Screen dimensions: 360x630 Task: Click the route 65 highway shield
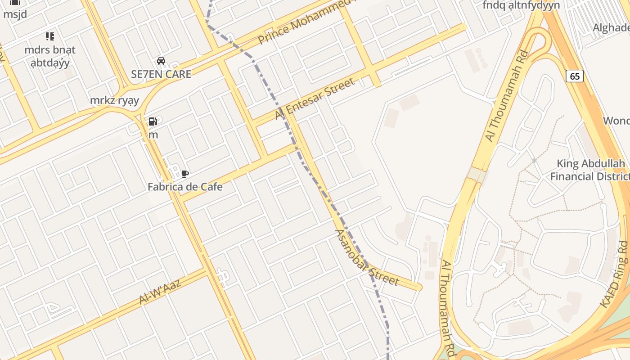[575, 76]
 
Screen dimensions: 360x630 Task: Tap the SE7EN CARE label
[161, 74]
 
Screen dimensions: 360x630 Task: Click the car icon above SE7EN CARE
[161, 61]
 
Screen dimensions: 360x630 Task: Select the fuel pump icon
[153, 121]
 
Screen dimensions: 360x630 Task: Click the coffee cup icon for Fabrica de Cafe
[184, 174]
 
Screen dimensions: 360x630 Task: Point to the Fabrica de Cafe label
[185, 186]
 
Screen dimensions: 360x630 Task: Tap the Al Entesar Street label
[315, 99]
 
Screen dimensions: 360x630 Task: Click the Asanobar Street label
[367, 258]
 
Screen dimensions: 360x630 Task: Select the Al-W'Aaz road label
[160, 291]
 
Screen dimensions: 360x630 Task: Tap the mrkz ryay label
[114, 100]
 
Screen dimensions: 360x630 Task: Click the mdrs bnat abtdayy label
[50, 56]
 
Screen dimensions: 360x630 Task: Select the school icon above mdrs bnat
[49, 36]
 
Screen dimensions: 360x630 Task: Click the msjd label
[15, 14]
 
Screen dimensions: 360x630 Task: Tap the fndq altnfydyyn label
[521, 5]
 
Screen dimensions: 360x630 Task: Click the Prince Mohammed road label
[306, 22]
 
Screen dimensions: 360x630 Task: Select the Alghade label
[611, 28]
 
